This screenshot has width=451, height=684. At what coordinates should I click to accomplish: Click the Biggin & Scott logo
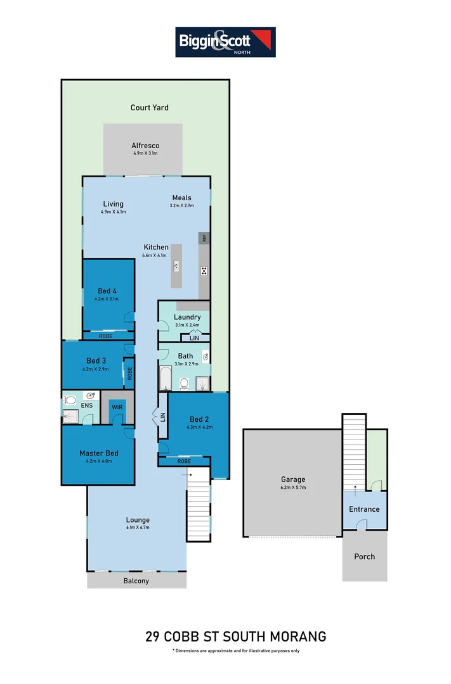pyautogui.click(x=225, y=42)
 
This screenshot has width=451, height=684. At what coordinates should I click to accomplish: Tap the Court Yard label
pyautogui.click(x=150, y=108)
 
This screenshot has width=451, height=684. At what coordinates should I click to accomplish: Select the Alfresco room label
pyautogui.click(x=145, y=146)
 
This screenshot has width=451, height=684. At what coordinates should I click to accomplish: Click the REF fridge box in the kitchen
pyautogui.click(x=204, y=238)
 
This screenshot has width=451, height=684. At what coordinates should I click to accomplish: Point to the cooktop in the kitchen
pyautogui.click(x=204, y=271)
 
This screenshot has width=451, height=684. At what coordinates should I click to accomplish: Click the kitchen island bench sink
pyautogui.click(x=176, y=267)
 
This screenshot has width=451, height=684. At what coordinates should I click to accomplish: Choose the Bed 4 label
pyautogui.click(x=107, y=291)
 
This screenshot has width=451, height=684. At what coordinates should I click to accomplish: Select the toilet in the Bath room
pyautogui.click(x=183, y=383)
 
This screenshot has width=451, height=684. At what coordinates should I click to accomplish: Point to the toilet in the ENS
pyautogui.click(x=70, y=400)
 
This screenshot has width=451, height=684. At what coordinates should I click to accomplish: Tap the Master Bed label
pyautogui.click(x=98, y=453)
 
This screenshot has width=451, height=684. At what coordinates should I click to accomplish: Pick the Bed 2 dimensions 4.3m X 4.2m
pyautogui.click(x=199, y=427)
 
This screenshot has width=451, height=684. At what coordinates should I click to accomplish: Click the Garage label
pyautogui.click(x=294, y=479)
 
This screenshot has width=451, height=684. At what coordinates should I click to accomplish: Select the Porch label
pyautogui.click(x=364, y=557)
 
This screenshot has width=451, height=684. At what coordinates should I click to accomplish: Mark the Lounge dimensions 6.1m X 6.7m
pyautogui.click(x=137, y=528)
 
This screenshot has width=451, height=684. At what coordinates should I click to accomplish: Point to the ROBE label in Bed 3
pyautogui.click(x=129, y=373)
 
